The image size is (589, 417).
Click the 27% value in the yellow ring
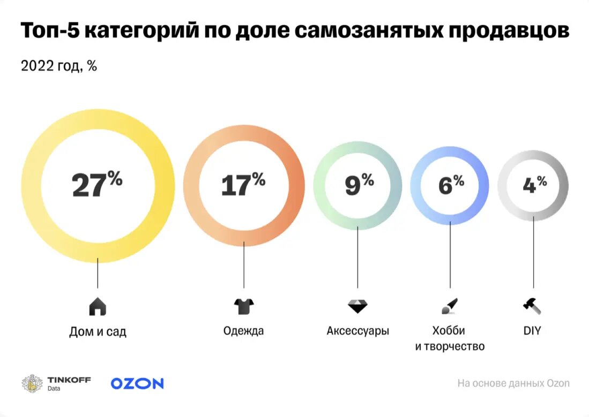coord(97,185)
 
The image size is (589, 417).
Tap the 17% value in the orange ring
coord(243,185)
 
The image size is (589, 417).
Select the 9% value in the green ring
coord(359,185)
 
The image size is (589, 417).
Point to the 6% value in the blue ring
coord(450,185)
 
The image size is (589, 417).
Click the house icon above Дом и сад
coord(98,307)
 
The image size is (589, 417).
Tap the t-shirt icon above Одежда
coord(244,307)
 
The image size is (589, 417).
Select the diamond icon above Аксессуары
coord(357,307)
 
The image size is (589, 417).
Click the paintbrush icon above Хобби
coord(449,307)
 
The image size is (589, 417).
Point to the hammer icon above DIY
coord(532,306)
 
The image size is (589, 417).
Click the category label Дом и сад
coord(98,332)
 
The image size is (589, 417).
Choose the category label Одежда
coord(243,331)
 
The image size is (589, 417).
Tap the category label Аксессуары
coord(357,331)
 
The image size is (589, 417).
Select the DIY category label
coord(532,331)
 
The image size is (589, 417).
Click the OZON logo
coord(137,383)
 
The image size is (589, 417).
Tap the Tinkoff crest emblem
coord(32,383)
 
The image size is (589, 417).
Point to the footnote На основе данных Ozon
coord(513,383)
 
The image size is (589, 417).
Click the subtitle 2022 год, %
coord(58,66)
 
